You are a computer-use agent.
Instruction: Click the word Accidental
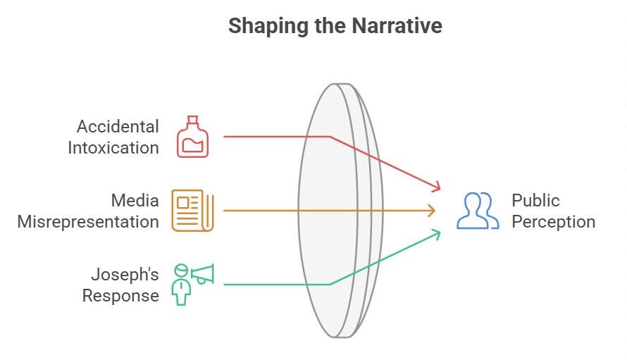coord(118,127)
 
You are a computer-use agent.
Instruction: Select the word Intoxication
coord(113,148)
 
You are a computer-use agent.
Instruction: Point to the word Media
coord(135,201)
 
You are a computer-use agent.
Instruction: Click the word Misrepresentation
coord(88,222)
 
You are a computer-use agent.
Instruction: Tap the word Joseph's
coord(125,274)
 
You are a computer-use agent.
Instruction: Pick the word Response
coord(120,295)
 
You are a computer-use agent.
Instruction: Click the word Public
coord(535,201)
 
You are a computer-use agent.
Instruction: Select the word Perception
coord(553,222)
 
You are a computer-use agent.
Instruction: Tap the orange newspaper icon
coord(192,210)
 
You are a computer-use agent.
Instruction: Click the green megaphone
coord(201,273)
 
